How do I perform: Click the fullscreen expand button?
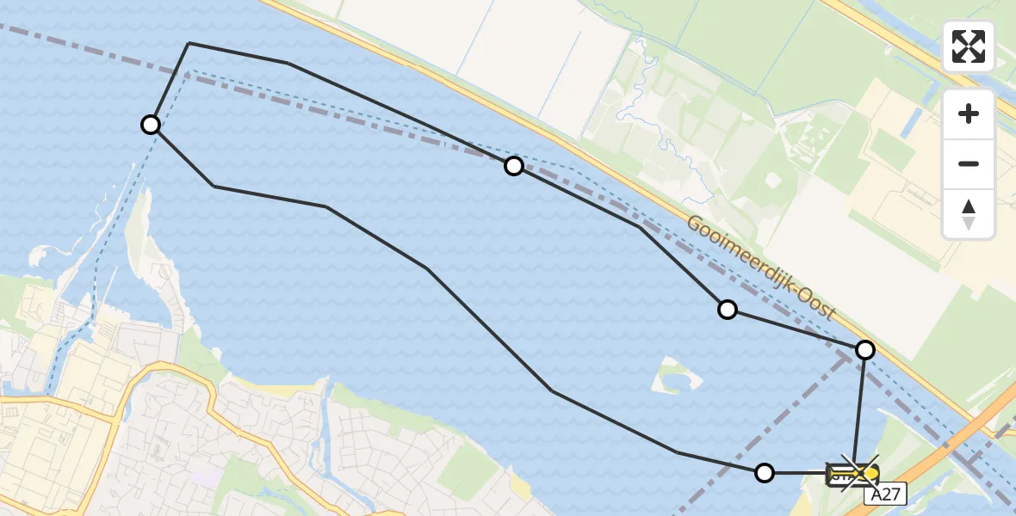(x=969, y=46)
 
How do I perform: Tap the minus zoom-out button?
(x=969, y=163)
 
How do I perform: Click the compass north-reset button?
(x=969, y=213)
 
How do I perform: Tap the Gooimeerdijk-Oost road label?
(x=760, y=267)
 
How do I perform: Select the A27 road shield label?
(x=885, y=494)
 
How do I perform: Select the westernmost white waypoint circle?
(x=151, y=125)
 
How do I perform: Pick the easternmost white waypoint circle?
(x=865, y=350)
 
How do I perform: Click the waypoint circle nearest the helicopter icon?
(x=765, y=472)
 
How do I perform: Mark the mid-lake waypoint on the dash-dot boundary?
(x=514, y=166)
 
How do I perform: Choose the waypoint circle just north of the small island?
(x=728, y=310)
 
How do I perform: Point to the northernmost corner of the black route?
(x=189, y=43)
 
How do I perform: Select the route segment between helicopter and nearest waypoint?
(x=796, y=473)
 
